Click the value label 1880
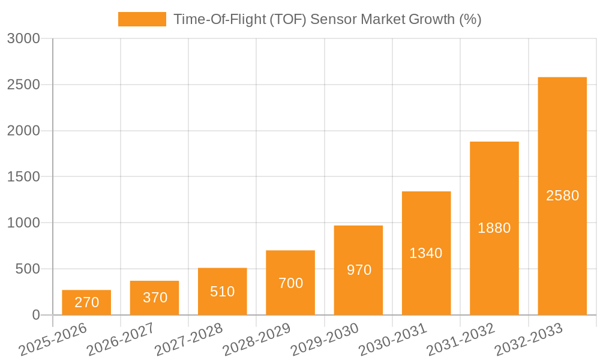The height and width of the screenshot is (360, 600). pyautogui.click(x=494, y=228)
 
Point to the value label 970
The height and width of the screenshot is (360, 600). pyautogui.click(x=359, y=270)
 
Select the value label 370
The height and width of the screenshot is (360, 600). pyautogui.click(x=155, y=298)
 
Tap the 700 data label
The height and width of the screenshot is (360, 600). pyautogui.click(x=290, y=283)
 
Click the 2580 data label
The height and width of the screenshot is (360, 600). pyautogui.click(x=562, y=196)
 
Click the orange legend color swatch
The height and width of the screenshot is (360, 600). pyautogui.click(x=142, y=19)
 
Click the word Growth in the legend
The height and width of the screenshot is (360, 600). pyautogui.click(x=431, y=19)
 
